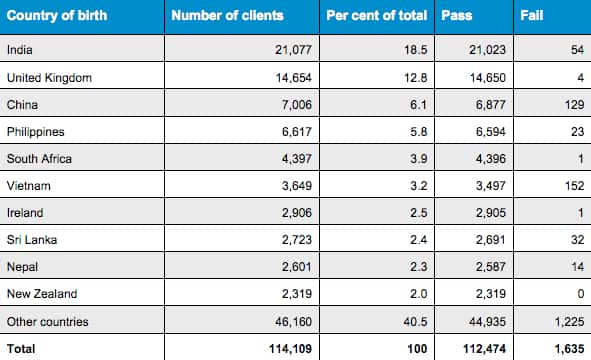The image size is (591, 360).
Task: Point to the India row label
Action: tap(18, 49)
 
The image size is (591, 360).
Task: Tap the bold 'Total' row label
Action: tap(21, 349)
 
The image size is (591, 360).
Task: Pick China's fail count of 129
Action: tap(568, 104)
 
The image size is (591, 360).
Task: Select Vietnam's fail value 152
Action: tap(568, 186)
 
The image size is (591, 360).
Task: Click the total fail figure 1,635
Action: tap(562, 349)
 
